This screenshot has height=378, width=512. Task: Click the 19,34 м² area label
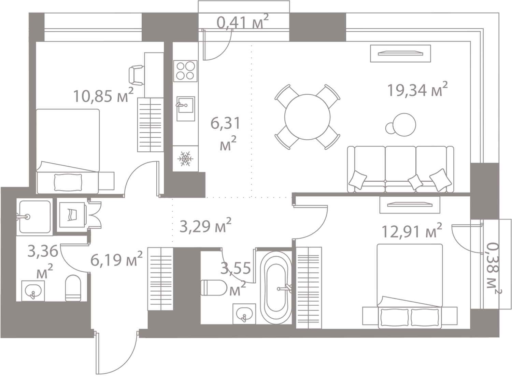coord(417,89)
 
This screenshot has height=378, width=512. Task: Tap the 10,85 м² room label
coord(103,95)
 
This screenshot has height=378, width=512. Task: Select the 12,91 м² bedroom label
coord(412,231)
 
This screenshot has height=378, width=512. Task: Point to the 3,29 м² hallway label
coord(205,226)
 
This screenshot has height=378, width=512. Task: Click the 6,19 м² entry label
coord(116,259)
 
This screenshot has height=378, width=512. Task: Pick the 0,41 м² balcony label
coord(243,22)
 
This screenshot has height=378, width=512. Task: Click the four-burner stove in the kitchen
coord(185,71)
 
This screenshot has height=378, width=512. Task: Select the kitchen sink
coord(186,109)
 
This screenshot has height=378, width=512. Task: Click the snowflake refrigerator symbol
coord(185,158)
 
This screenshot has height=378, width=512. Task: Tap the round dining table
coord(307,117)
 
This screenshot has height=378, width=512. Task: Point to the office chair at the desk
coord(136,75)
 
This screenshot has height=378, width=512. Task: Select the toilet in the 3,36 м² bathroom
coord(73,288)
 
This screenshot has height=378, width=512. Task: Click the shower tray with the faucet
coord(34,217)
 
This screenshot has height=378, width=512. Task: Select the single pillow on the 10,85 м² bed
coord(68,182)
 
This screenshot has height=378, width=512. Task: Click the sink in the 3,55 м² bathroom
coord(244,314)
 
